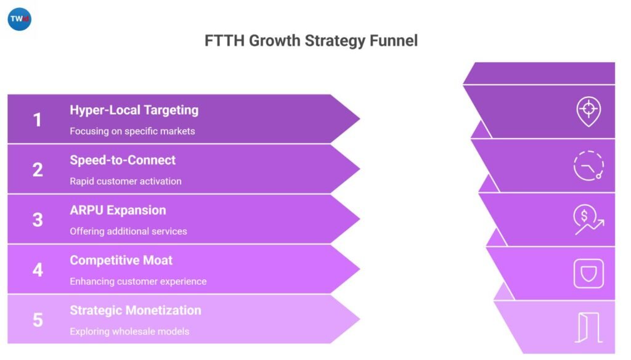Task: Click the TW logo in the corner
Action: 19,19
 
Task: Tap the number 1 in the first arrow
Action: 38,120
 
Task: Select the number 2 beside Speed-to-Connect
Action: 38,170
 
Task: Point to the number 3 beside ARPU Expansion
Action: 38,219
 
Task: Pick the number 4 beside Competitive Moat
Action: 38,269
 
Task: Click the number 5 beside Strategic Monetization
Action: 38,319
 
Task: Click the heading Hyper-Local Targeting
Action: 134,110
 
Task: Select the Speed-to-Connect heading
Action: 123,160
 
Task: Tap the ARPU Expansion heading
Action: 118,210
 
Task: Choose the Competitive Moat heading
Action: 121,260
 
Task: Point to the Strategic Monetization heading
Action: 135,310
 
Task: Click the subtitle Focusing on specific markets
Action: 132,131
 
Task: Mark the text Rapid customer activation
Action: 126,181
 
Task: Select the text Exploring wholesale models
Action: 129,331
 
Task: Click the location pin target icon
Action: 588,111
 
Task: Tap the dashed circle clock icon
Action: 588,165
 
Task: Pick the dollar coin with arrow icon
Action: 588,219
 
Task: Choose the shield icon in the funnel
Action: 588,273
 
